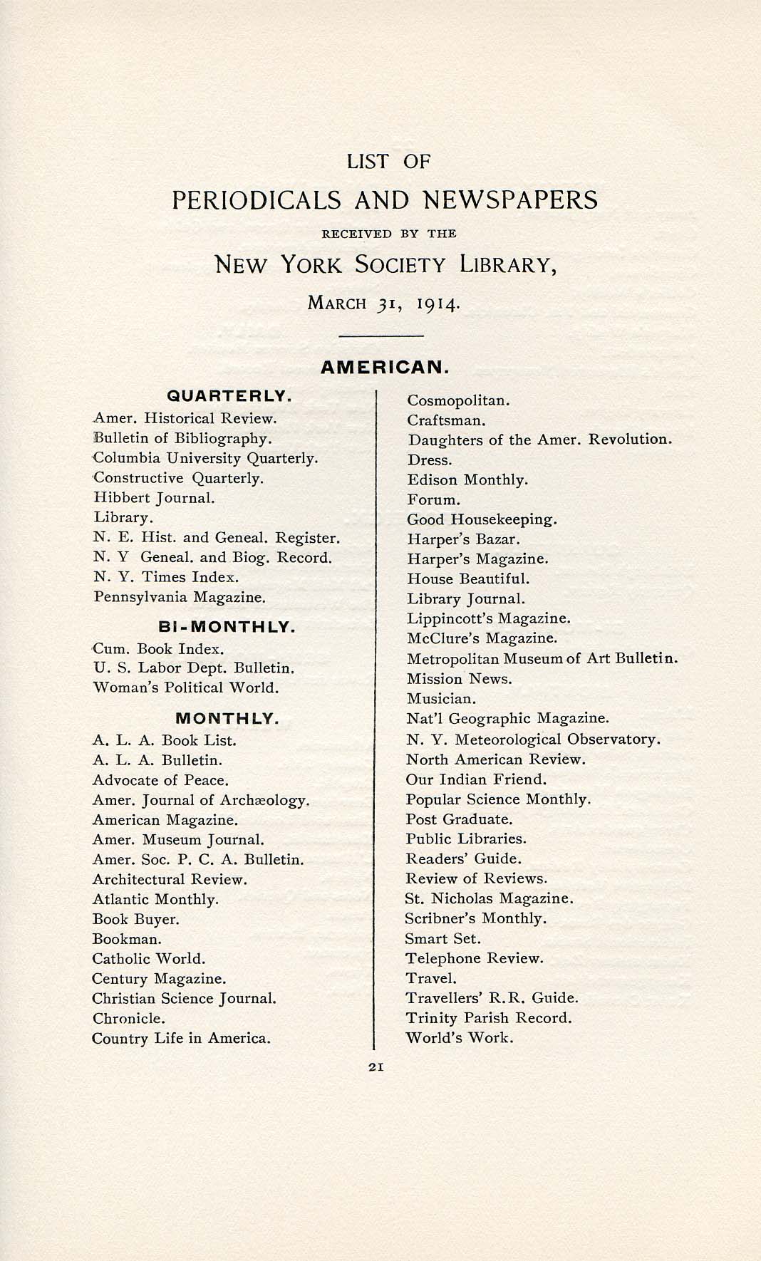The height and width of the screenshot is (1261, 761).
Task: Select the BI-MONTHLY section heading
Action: click(227, 627)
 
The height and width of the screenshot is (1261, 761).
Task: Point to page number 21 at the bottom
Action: click(377, 1067)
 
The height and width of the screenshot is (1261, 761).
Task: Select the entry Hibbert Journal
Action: click(154, 498)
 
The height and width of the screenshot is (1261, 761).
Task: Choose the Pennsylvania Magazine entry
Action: click(180, 597)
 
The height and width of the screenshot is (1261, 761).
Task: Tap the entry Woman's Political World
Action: click(185, 687)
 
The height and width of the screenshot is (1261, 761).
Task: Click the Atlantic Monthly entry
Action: click(155, 899)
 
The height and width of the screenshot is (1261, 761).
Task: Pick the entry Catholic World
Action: click(148, 959)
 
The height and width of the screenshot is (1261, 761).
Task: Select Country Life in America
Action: click(181, 1038)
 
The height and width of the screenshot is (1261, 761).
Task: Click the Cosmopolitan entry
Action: click(458, 400)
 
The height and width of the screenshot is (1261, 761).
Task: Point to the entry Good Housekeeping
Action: click(482, 519)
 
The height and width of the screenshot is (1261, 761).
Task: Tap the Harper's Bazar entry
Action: click(464, 539)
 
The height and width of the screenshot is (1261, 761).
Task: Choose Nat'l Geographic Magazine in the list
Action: click(507, 718)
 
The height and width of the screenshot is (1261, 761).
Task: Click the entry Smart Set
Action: click(442, 938)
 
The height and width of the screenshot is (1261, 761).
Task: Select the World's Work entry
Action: click(459, 1037)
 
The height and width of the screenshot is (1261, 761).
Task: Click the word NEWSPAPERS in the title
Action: click(510, 199)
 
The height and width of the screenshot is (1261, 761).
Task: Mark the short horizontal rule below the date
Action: click(381, 335)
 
